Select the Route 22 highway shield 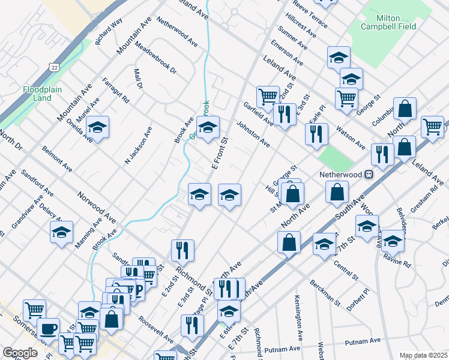pos(55,67)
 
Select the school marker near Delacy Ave pos(61,232)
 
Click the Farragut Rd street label pos(116,91)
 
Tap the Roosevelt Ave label pos(155,329)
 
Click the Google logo pos(20,353)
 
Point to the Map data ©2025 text pos(423,355)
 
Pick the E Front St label pos(220,155)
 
